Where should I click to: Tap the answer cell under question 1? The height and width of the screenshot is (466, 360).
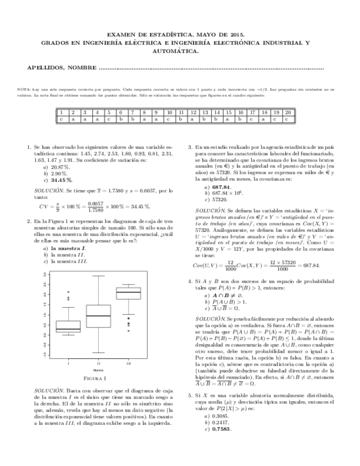[61, 118]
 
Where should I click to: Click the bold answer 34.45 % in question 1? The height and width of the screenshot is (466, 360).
[62, 180]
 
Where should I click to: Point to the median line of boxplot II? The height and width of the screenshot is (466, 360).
[98, 316]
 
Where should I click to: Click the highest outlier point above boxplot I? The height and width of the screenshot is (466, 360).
[68, 292]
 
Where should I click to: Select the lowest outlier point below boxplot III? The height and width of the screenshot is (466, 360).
[129, 331]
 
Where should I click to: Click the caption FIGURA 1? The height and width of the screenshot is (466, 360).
[98, 379]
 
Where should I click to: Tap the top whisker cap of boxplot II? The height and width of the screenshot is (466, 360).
[98, 276]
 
